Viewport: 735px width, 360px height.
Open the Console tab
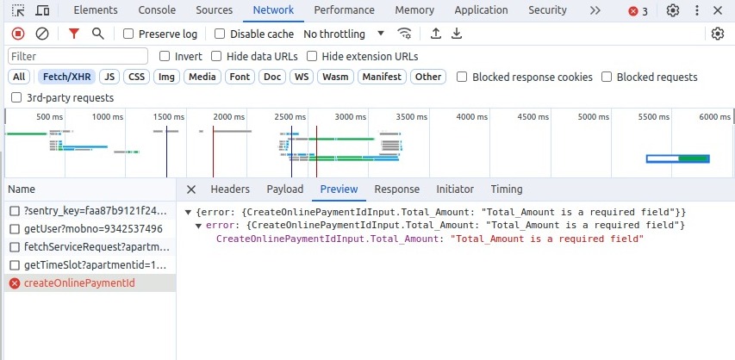[157, 10]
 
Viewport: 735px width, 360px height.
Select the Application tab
[481, 10]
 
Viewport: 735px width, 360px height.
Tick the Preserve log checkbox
[128, 34]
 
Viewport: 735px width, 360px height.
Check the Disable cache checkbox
[220, 34]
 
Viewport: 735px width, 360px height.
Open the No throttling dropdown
[345, 34]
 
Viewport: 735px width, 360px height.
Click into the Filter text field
[78, 56]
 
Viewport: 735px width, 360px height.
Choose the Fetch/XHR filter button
[68, 77]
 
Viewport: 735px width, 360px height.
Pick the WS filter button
[301, 77]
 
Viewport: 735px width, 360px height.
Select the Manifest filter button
[382, 77]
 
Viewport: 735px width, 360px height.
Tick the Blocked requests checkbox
[607, 77]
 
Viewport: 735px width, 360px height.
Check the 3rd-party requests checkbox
[16, 97]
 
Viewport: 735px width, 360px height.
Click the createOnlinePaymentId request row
[79, 283]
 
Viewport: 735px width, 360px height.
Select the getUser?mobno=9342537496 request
[93, 229]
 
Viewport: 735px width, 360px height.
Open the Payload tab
[284, 189]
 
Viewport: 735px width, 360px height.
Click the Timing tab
[507, 189]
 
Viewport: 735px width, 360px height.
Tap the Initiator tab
[455, 189]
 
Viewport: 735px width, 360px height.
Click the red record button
[18, 34]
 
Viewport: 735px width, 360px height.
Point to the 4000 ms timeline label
[471, 116]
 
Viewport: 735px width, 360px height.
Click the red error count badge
[638, 11]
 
